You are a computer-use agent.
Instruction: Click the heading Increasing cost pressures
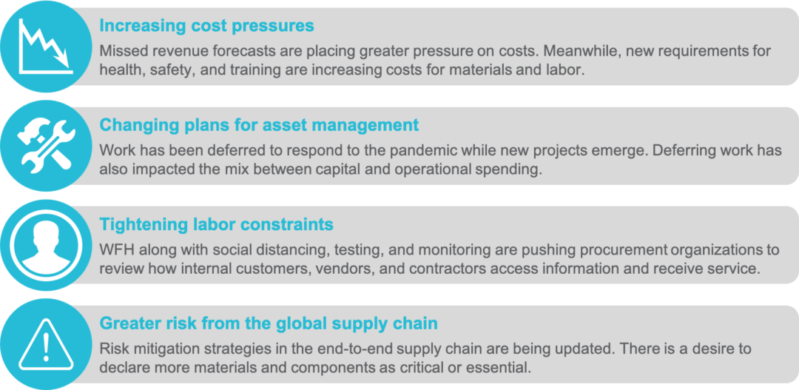[206, 25]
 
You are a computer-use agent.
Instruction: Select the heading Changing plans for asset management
[259, 124]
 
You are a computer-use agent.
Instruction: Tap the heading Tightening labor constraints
[216, 223]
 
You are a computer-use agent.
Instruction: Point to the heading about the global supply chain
[269, 323]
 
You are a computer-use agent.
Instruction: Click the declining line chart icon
[45, 47]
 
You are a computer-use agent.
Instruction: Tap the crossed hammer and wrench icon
[46, 145]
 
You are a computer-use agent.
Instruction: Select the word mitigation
[165, 349]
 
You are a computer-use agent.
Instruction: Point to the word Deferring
[658, 151]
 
